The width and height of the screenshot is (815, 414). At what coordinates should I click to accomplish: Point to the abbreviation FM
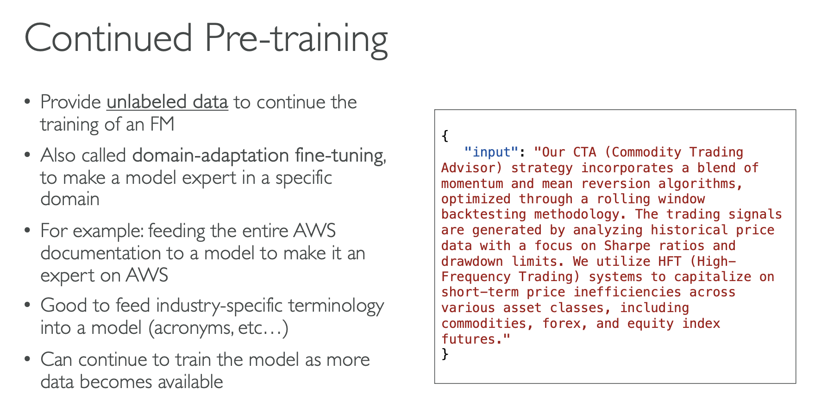pyautogui.click(x=162, y=124)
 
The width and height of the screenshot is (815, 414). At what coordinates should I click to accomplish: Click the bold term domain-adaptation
pyautogui.click(x=211, y=156)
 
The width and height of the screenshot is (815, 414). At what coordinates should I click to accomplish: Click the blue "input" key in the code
pyautogui.click(x=491, y=152)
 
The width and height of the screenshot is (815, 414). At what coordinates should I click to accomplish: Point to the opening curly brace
pyautogui.click(x=445, y=136)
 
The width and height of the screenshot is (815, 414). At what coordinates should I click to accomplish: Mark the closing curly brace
pyautogui.click(x=445, y=355)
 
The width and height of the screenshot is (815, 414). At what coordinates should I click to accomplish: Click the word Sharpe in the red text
pyautogui.click(x=627, y=246)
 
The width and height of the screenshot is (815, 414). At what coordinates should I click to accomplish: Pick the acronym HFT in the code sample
pyautogui.click(x=670, y=261)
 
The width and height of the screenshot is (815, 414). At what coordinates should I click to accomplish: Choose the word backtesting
pyautogui.click(x=483, y=214)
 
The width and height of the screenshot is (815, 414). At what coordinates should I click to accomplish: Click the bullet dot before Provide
pyautogui.click(x=28, y=102)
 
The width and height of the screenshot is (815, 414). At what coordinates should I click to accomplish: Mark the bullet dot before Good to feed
pyautogui.click(x=28, y=306)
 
